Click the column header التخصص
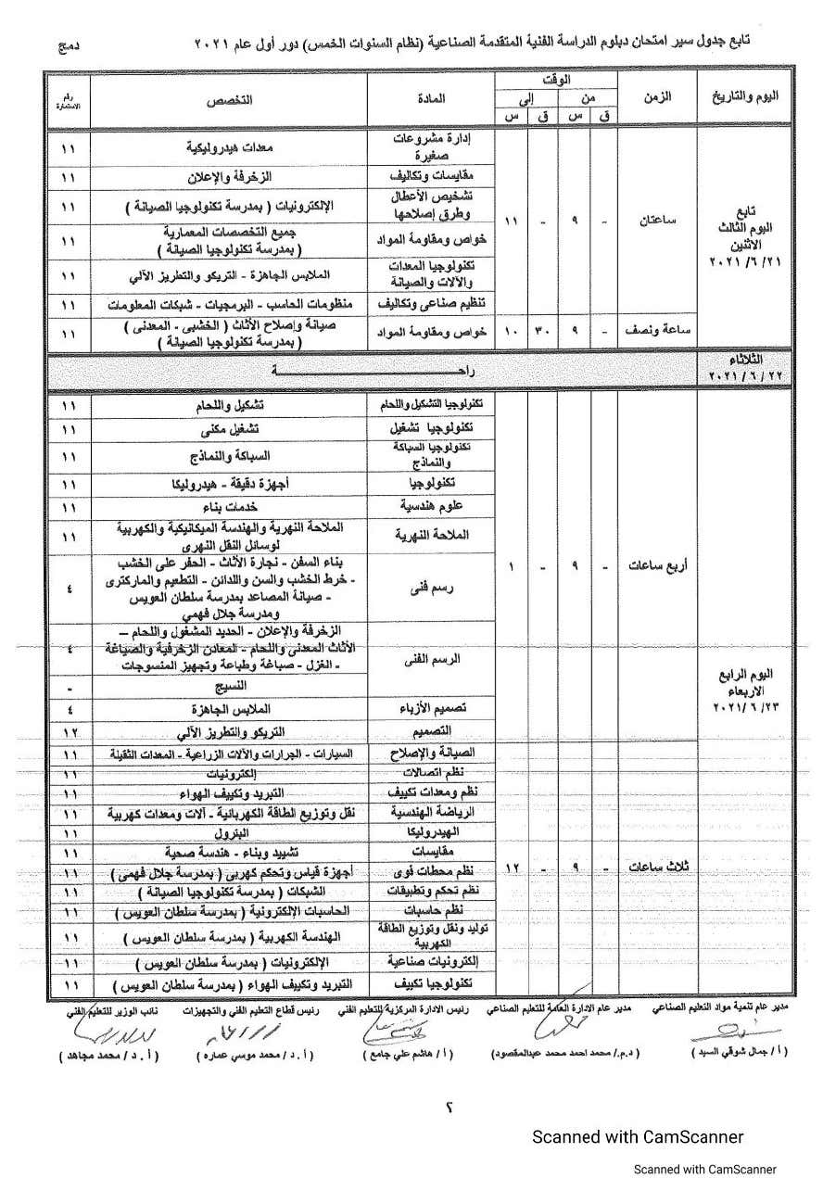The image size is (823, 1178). (228, 97)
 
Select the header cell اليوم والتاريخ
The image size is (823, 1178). (748, 97)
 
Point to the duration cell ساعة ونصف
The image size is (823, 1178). (655, 331)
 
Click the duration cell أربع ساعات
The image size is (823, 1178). (655, 565)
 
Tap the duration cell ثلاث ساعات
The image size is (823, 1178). (655, 868)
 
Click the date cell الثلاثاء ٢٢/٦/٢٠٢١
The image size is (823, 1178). (748, 368)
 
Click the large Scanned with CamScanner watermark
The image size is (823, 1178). (637, 1136)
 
